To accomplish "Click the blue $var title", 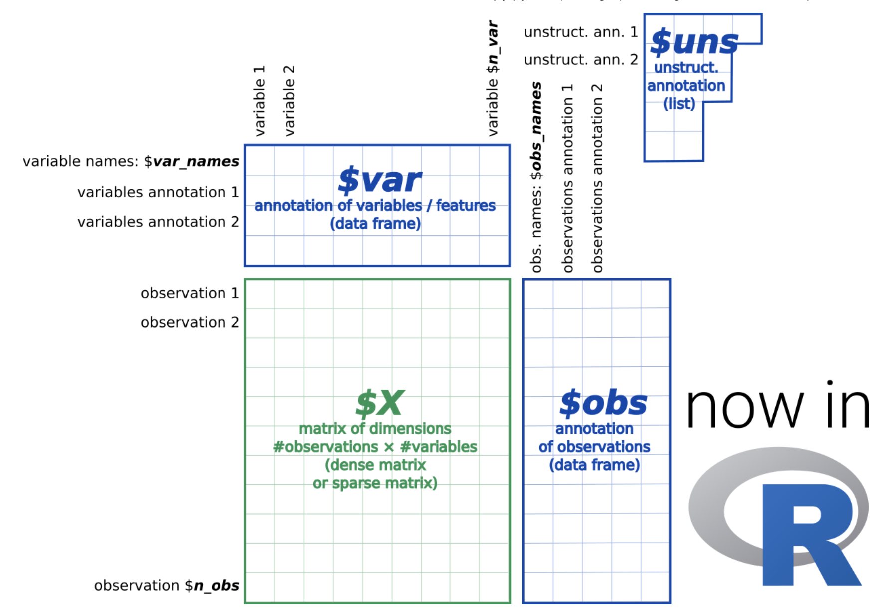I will coord(379,180).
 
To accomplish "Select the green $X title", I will coord(379,403).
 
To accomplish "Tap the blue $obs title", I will coord(603,403).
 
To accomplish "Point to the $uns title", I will coord(694,42).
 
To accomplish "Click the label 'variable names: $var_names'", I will coord(131,161).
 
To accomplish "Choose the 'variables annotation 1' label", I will coord(158,192).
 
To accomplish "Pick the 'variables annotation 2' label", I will coord(158,222).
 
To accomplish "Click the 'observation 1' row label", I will coord(190,293).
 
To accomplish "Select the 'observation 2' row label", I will coord(190,323).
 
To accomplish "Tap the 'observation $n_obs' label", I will coord(167,585).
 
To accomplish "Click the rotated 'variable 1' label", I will coord(260,100).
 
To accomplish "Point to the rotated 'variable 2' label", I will coord(289,100).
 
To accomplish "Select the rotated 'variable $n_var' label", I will coord(493,78).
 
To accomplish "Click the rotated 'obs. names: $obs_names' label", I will coord(536,177).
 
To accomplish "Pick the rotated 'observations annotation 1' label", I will coord(567,178).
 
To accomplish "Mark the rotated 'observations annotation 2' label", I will coord(597,178).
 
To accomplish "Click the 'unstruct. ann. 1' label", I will coord(581,32).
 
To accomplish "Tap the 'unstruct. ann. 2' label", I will coord(581,60).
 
